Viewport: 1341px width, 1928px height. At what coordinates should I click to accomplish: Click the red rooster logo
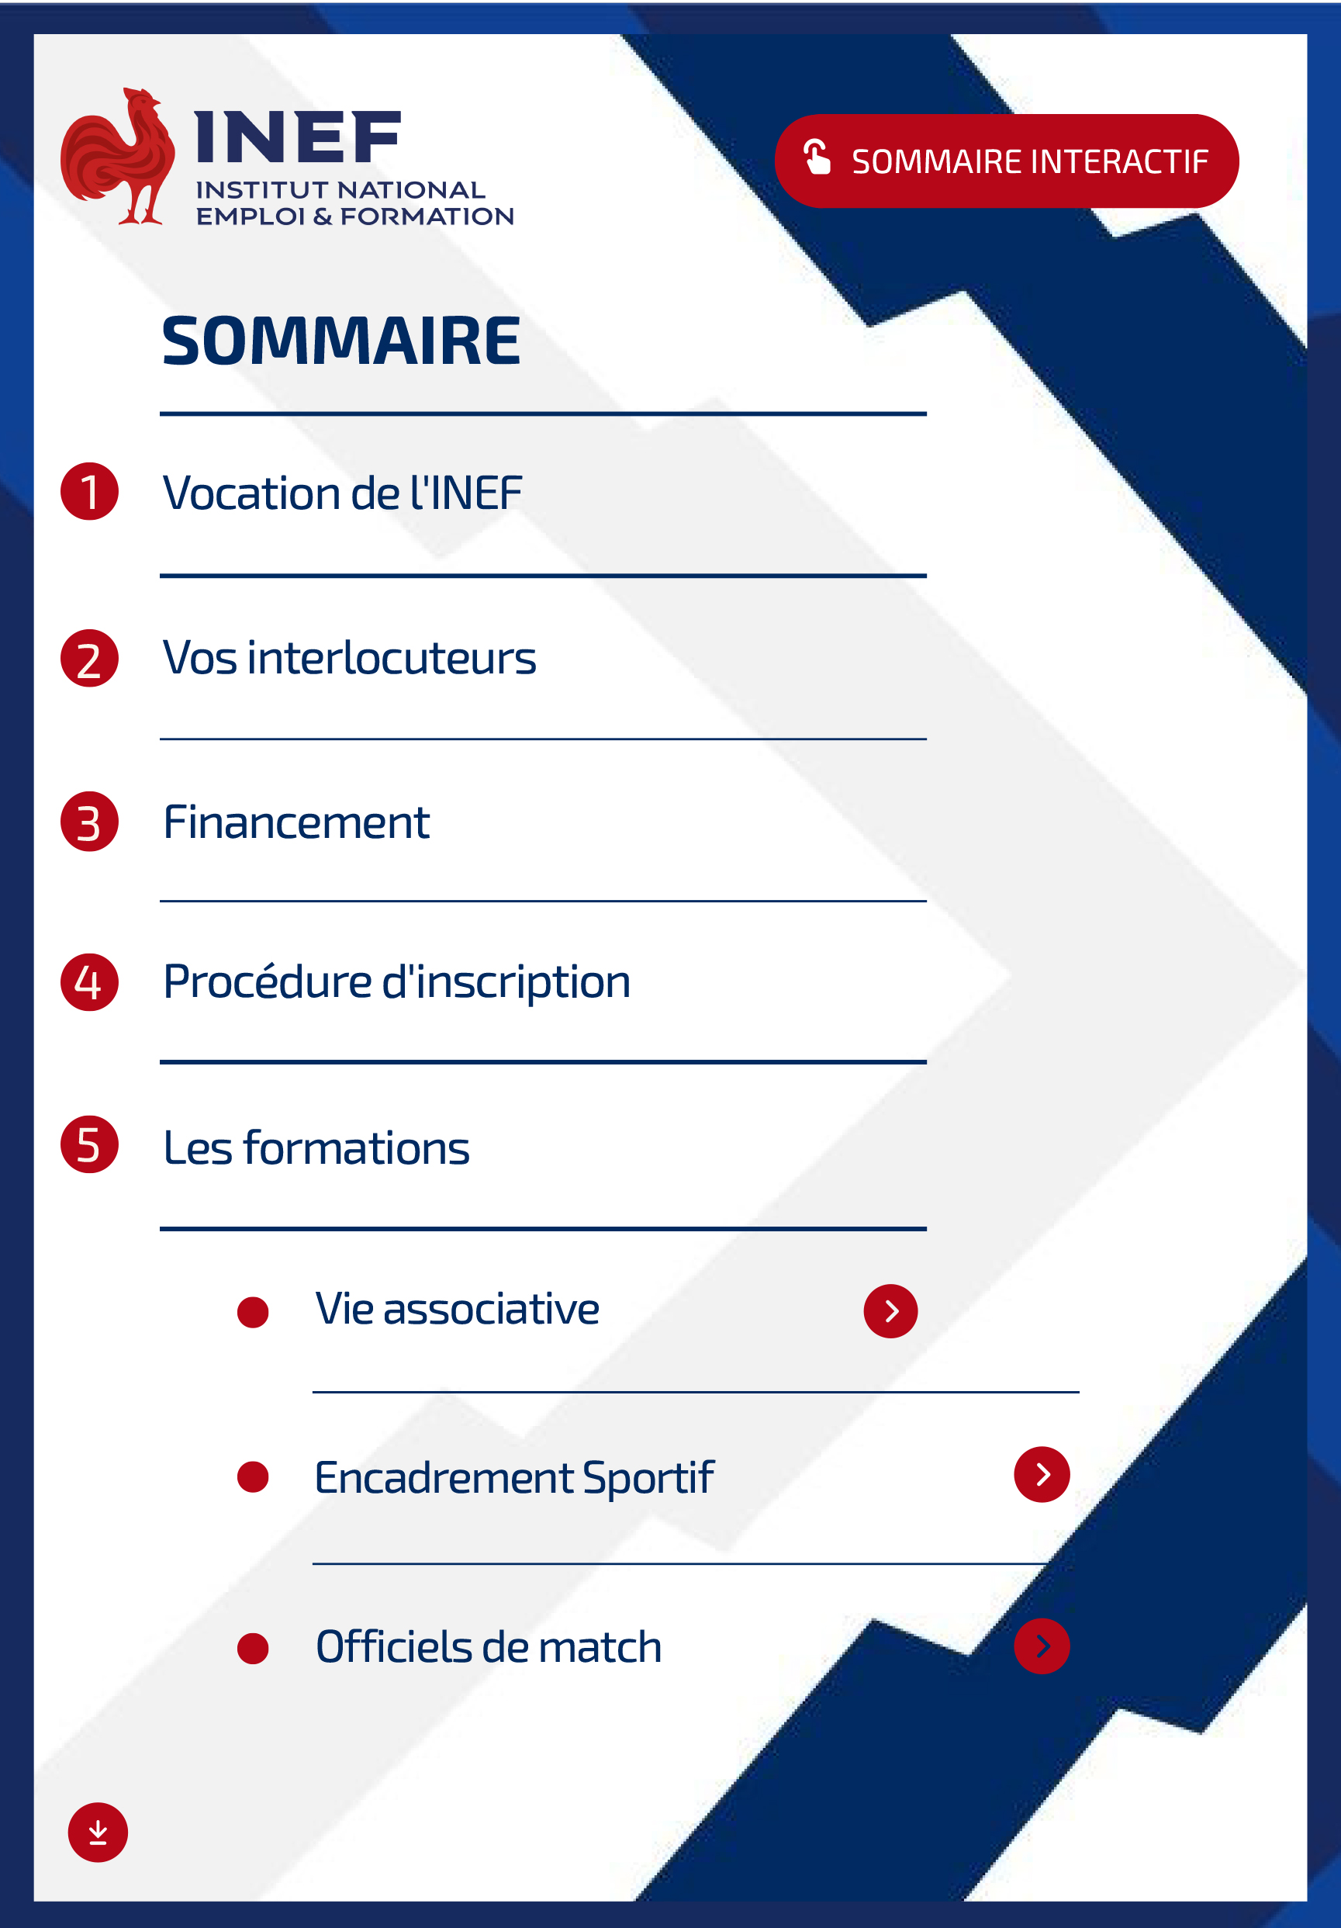coord(118,157)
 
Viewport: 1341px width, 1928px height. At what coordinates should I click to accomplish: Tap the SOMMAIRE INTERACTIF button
coord(1006,161)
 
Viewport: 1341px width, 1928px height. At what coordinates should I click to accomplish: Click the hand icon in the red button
coord(816,157)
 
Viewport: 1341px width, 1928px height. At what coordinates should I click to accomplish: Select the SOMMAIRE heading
coord(341,341)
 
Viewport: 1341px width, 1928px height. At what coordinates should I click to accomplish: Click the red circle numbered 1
coord(89,491)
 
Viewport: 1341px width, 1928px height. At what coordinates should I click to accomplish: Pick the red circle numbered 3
coord(89,822)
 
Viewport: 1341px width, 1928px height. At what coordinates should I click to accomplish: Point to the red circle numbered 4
coord(89,981)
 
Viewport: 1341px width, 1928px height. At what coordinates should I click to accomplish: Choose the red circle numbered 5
coord(89,1144)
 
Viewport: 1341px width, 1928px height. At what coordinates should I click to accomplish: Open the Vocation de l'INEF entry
coord(343,493)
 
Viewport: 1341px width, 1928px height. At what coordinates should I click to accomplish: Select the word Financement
coord(296,822)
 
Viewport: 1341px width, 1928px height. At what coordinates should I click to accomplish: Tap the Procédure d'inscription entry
coord(397,982)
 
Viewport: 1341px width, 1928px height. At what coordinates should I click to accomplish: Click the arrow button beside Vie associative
coord(890,1310)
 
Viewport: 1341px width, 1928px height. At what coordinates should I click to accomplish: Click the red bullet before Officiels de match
coord(253,1649)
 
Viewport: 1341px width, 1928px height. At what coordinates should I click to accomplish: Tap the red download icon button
coord(98,1833)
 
